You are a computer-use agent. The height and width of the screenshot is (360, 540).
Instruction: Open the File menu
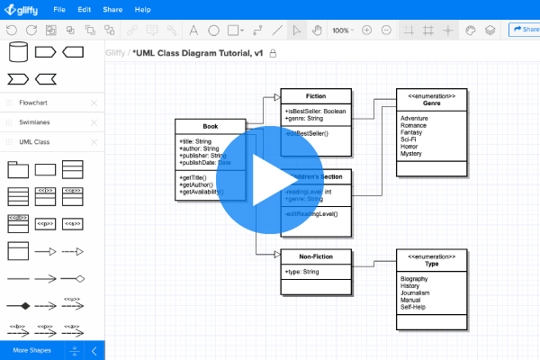coord(58,9)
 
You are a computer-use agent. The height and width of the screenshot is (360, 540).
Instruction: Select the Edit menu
coord(84,9)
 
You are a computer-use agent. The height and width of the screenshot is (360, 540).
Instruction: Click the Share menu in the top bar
coord(112,9)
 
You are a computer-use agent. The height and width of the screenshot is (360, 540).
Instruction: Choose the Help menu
coord(142,9)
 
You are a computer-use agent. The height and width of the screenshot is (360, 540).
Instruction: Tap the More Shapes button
coord(31,350)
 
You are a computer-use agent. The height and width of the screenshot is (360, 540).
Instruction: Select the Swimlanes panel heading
coord(35,121)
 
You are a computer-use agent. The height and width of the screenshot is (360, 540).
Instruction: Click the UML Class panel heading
coord(35,141)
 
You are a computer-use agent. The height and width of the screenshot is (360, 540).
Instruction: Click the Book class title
coord(211,127)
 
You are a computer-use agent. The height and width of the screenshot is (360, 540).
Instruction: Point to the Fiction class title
coord(316,95)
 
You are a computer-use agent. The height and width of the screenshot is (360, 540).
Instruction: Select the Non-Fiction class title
coord(316,256)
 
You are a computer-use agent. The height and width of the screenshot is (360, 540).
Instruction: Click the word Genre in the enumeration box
coord(432,104)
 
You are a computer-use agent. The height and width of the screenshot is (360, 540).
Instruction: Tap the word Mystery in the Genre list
coord(411,154)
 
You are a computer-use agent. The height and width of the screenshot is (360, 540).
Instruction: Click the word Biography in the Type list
coord(415,279)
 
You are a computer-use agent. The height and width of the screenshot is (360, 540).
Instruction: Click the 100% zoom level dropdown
coord(343,30)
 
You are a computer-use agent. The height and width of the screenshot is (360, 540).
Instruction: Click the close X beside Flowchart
coord(94,102)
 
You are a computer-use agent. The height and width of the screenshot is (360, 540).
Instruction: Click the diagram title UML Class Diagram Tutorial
coord(198,53)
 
